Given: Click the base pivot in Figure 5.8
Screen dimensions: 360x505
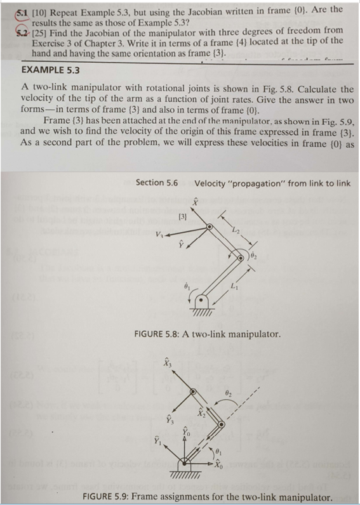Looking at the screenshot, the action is coord(203,302).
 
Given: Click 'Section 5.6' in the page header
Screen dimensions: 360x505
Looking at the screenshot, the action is coord(156,183).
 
